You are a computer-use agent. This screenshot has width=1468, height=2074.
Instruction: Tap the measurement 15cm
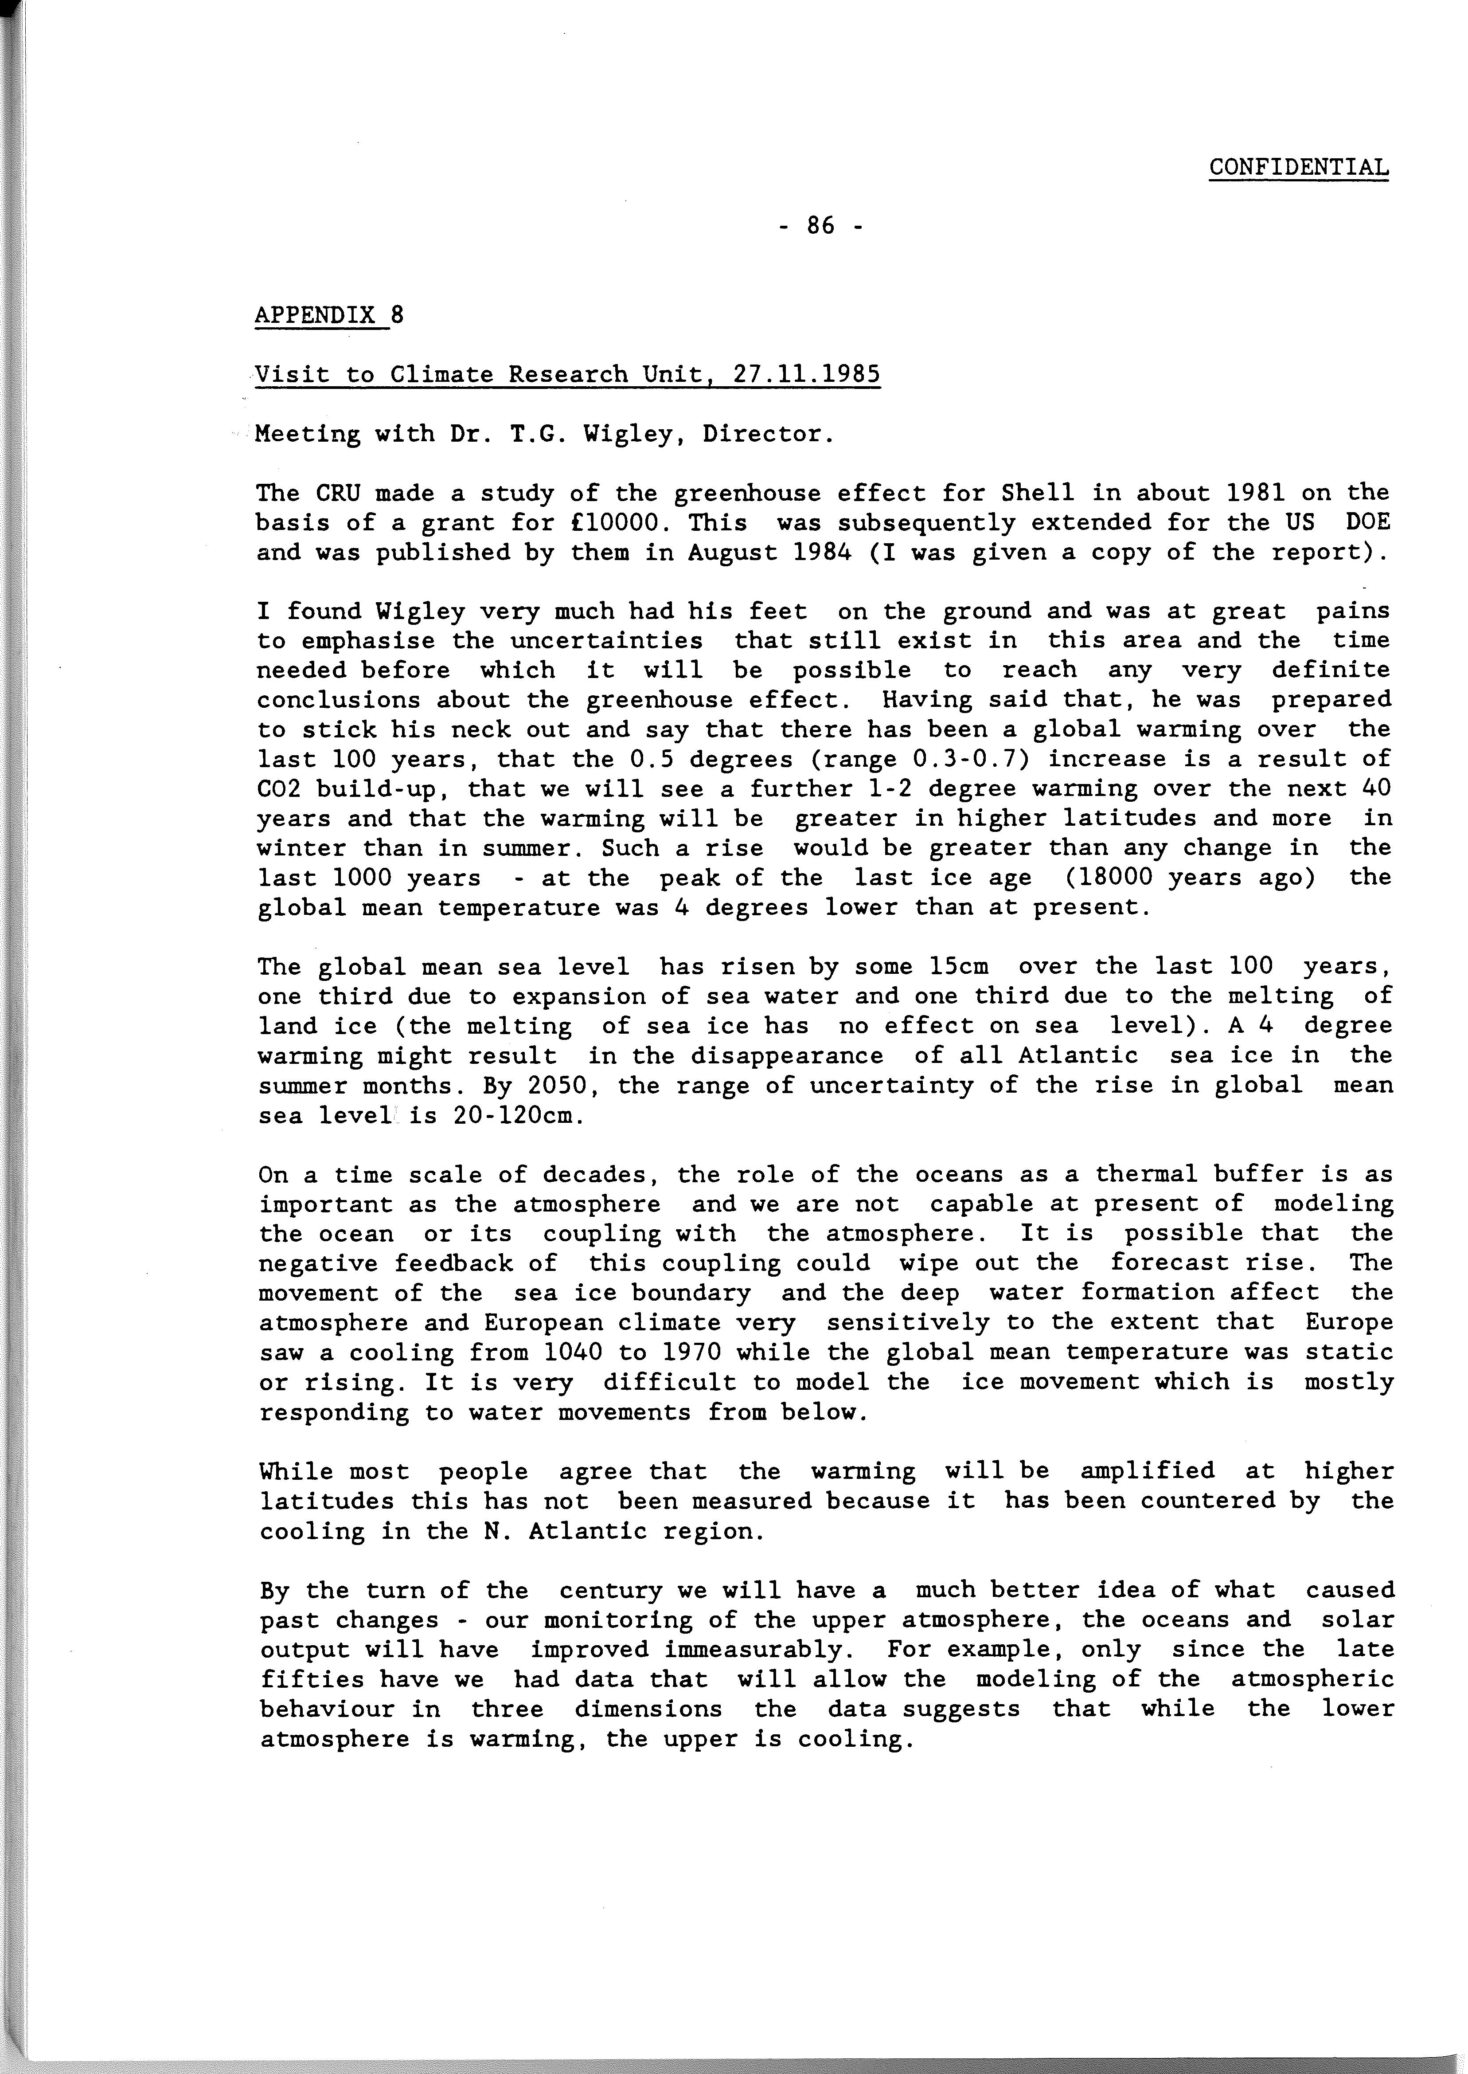[958, 966]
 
